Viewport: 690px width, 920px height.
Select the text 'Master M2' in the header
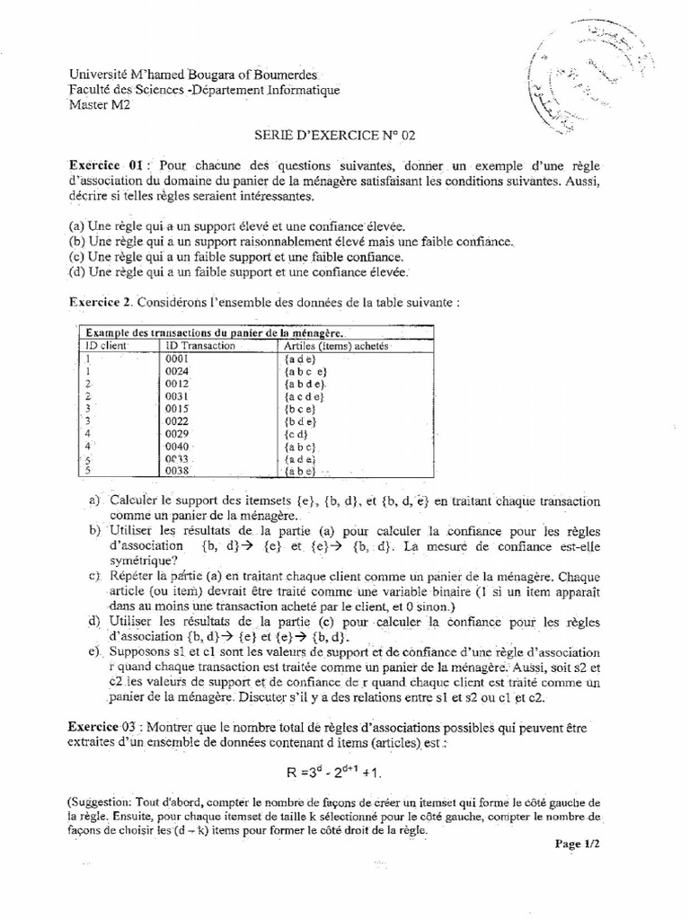click(95, 103)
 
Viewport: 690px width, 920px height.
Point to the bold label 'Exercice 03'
click(106, 725)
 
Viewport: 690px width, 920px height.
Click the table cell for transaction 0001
click(175, 358)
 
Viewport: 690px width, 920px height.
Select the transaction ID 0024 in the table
click(176, 370)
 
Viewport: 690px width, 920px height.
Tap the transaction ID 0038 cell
click(177, 470)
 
